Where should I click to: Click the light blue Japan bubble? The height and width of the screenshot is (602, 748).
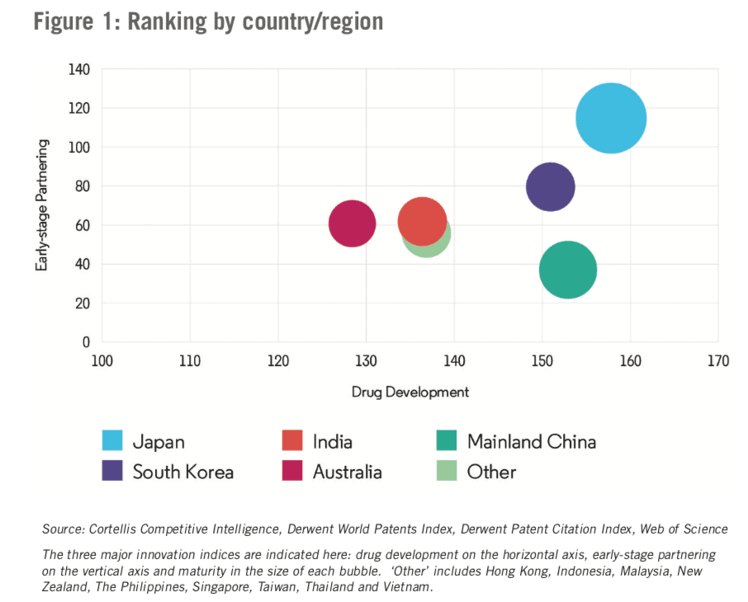[611, 118]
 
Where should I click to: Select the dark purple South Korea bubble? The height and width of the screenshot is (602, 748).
[550, 186]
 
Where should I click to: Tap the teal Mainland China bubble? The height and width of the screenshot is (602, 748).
[568, 270]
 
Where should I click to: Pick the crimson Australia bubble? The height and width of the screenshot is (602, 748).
[353, 223]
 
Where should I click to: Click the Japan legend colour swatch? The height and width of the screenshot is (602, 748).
[112, 441]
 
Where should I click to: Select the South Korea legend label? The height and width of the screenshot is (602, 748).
[182, 473]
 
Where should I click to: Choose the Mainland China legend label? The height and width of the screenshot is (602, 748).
[531, 441]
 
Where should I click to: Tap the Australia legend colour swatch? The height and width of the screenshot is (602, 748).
[293, 472]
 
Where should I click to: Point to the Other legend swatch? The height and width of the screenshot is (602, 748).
[447, 472]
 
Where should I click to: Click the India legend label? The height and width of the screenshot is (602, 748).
[332, 441]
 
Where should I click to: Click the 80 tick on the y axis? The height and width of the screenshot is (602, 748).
[82, 186]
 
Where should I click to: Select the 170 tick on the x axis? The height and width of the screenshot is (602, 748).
[717, 361]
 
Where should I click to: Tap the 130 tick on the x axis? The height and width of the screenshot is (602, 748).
[366, 361]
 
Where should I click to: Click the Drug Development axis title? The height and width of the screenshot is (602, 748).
[410, 393]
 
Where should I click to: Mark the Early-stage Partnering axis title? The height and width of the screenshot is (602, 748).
[40, 205]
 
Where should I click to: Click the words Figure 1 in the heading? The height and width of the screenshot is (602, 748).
[75, 21]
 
